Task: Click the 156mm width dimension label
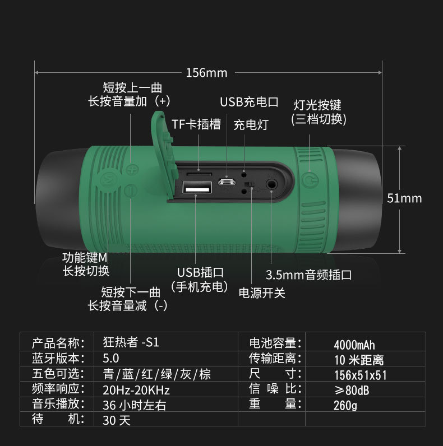pos(207,73)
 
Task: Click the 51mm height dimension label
pos(404,198)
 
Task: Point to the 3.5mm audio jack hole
pos(273,183)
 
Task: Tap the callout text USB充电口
pos(249,102)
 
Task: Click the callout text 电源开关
pos(262,292)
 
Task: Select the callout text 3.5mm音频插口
pos(308,275)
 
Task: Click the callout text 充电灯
pos(251,124)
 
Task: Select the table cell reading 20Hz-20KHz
pos(136,390)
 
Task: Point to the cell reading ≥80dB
pos(352,390)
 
